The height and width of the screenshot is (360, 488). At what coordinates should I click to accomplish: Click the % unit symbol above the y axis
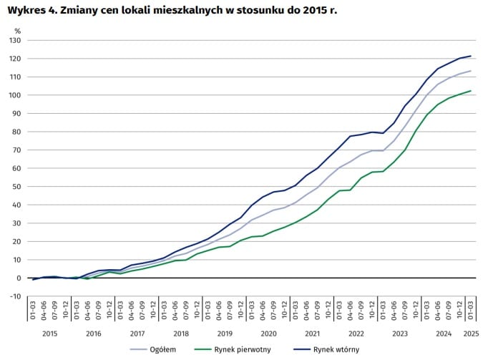coord(18,31)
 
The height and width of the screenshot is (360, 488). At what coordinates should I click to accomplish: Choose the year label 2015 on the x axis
coord(49,333)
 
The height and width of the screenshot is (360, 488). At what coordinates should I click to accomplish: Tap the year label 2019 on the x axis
coord(225,333)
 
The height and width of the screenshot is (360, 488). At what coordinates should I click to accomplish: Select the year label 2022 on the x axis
coord(356,333)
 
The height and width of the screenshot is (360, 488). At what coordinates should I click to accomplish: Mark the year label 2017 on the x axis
coord(137,333)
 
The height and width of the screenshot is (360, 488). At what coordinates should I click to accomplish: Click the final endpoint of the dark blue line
coord(471,56)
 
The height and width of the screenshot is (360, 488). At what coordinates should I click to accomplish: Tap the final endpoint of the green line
coord(471,91)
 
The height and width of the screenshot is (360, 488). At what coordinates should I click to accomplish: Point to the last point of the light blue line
coord(471,71)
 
